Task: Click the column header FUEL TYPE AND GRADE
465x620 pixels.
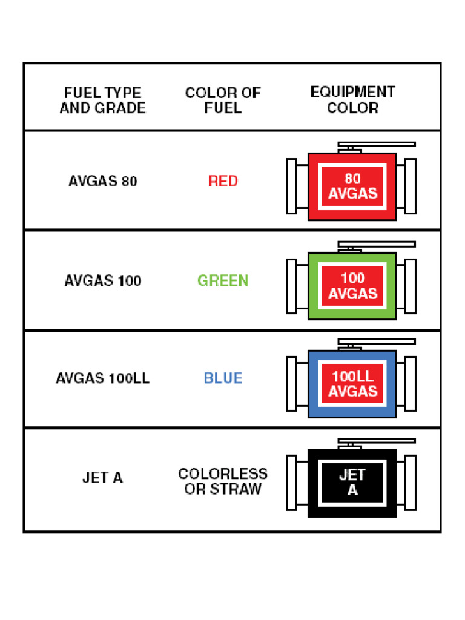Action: tap(102, 101)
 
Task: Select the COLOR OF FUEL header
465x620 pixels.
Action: tap(223, 101)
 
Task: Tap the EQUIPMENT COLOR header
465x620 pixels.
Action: tap(352, 100)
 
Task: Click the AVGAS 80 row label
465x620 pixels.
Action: tap(102, 181)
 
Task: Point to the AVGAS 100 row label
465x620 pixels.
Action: tap(102, 281)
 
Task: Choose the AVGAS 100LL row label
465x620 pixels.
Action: tap(102, 378)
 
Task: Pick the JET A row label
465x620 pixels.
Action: tap(102, 478)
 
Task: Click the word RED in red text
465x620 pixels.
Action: tap(223, 181)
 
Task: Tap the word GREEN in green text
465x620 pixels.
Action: tap(223, 281)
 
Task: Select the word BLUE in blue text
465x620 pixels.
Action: tap(223, 378)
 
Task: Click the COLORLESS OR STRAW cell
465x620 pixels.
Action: tap(223, 481)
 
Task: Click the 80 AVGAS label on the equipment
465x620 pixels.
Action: tap(352, 186)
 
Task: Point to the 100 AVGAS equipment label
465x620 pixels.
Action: tap(352, 286)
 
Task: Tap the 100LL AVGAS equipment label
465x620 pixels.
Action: tap(352, 384)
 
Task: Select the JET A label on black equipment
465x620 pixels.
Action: tap(352, 483)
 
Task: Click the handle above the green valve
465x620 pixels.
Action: tap(376, 244)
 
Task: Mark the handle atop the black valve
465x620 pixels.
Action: tap(376, 441)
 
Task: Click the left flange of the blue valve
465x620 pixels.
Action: tap(292, 384)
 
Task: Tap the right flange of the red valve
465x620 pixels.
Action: tap(411, 186)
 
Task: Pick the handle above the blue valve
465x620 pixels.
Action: tap(376, 342)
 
